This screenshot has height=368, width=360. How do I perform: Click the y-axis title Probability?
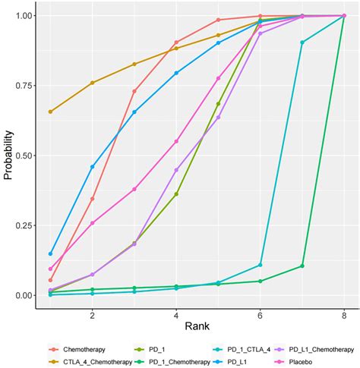pyautogui.click(x=8, y=155)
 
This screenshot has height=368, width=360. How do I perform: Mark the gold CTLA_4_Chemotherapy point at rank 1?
pyautogui.click(x=50, y=112)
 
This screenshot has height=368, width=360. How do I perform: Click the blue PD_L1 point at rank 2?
pyautogui.click(x=93, y=166)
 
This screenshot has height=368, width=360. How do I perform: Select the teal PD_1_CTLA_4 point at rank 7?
pyautogui.click(x=302, y=42)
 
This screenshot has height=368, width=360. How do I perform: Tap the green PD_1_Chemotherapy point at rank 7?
pyautogui.click(x=302, y=266)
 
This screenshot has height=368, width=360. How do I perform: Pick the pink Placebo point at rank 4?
pyautogui.click(x=176, y=141)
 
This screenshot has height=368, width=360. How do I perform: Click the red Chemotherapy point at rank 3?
pyautogui.click(x=134, y=91)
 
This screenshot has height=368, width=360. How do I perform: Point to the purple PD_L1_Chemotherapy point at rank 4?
pyautogui.click(x=176, y=170)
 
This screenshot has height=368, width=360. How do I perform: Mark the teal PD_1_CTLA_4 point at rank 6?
pyautogui.click(x=260, y=265)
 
